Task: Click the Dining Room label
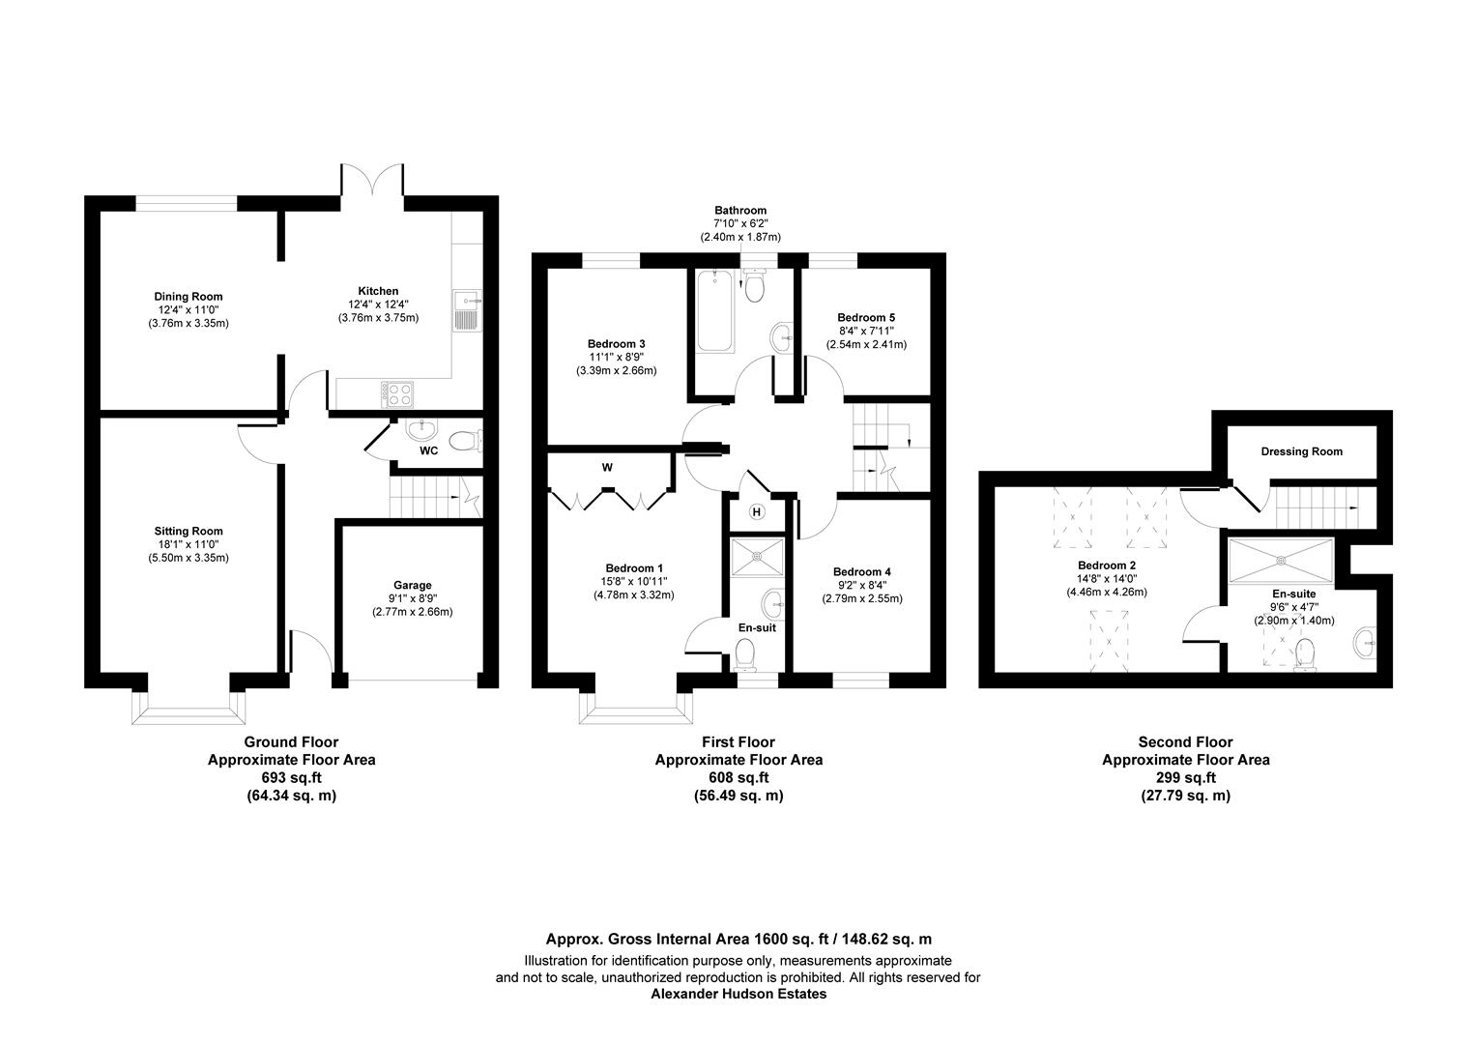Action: [188, 297]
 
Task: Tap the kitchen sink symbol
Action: [465, 309]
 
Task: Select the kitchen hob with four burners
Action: [398, 393]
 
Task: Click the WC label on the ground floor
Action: [429, 450]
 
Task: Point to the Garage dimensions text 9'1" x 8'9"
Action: [412, 598]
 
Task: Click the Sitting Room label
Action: [188, 531]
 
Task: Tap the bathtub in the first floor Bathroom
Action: [712, 311]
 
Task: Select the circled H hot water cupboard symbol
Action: [757, 511]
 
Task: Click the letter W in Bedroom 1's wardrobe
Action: [607, 467]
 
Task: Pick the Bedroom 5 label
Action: [866, 317]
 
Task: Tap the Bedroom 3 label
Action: [616, 343]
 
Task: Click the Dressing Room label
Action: [1301, 451]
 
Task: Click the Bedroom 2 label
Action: [1107, 565]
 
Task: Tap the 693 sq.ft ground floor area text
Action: [291, 778]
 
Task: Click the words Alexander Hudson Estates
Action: [738, 994]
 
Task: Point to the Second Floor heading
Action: [1185, 741]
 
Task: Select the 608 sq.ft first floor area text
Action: [738, 778]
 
